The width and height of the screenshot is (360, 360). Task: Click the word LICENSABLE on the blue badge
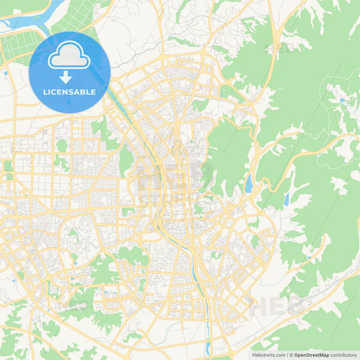(70, 91)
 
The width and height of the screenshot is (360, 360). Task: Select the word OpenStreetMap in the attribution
(311, 354)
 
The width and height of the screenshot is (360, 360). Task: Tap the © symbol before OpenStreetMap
(290, 354)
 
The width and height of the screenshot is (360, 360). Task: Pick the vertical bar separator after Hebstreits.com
(286, 354)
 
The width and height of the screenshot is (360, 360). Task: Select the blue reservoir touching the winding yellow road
(249, 183)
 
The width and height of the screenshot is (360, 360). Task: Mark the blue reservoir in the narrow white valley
(286, 199)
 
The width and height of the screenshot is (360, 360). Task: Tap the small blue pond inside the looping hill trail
(342, 100)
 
